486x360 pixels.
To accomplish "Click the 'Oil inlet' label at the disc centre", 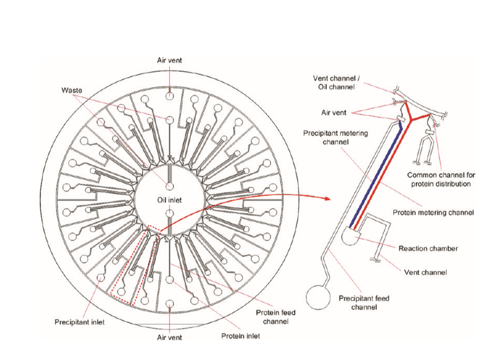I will (x=169, y=200).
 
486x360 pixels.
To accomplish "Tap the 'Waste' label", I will (x=72, y=91).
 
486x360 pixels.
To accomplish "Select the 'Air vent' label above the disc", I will (x=169, y=60).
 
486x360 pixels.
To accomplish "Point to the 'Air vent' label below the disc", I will (x=169, y=338).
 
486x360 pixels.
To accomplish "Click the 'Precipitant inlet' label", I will (x=80, y=322).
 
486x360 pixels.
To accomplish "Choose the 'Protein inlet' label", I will (x=240, y=336).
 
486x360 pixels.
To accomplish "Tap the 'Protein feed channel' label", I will (x=276, y=317).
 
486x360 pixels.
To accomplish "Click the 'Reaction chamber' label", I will (x=428, y=248).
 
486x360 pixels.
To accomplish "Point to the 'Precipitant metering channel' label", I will (x=336, y=137).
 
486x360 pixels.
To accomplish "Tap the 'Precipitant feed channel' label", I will (x=364, y=303).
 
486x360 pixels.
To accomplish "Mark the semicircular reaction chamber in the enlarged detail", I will (x=352, y=237).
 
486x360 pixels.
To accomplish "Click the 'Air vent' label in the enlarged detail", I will (x=334, y=113).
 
